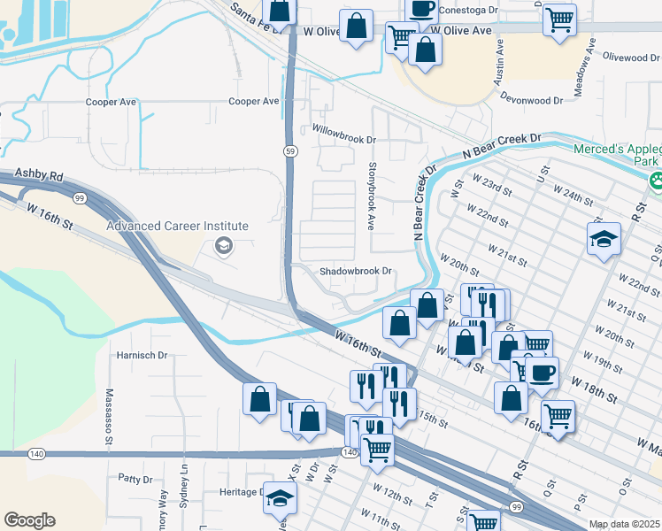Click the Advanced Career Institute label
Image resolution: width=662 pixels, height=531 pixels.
click(x=177, y=226)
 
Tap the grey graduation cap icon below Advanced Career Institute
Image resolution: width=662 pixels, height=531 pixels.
click(x=224, y=246)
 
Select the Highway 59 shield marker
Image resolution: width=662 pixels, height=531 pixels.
click(x=289, y=152)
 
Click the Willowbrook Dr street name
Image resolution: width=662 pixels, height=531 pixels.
click(x=344, y=140)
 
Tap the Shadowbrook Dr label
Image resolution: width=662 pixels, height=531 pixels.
click(x=355, y=272)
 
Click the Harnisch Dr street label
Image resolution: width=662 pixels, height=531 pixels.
click(x=142, y=355)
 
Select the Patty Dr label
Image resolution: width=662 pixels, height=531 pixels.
click(x=135, y=479)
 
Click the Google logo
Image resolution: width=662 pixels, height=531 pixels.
click(x=29, y=520)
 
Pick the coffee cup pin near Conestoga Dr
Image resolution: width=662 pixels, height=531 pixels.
click(x=422, y=9)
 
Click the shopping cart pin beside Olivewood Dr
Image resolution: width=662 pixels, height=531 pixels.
click(x=560, y=19)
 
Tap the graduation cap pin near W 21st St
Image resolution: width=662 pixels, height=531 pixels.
click(x=604, y=239)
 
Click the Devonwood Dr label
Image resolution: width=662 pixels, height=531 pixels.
click(x=531, y=100)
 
